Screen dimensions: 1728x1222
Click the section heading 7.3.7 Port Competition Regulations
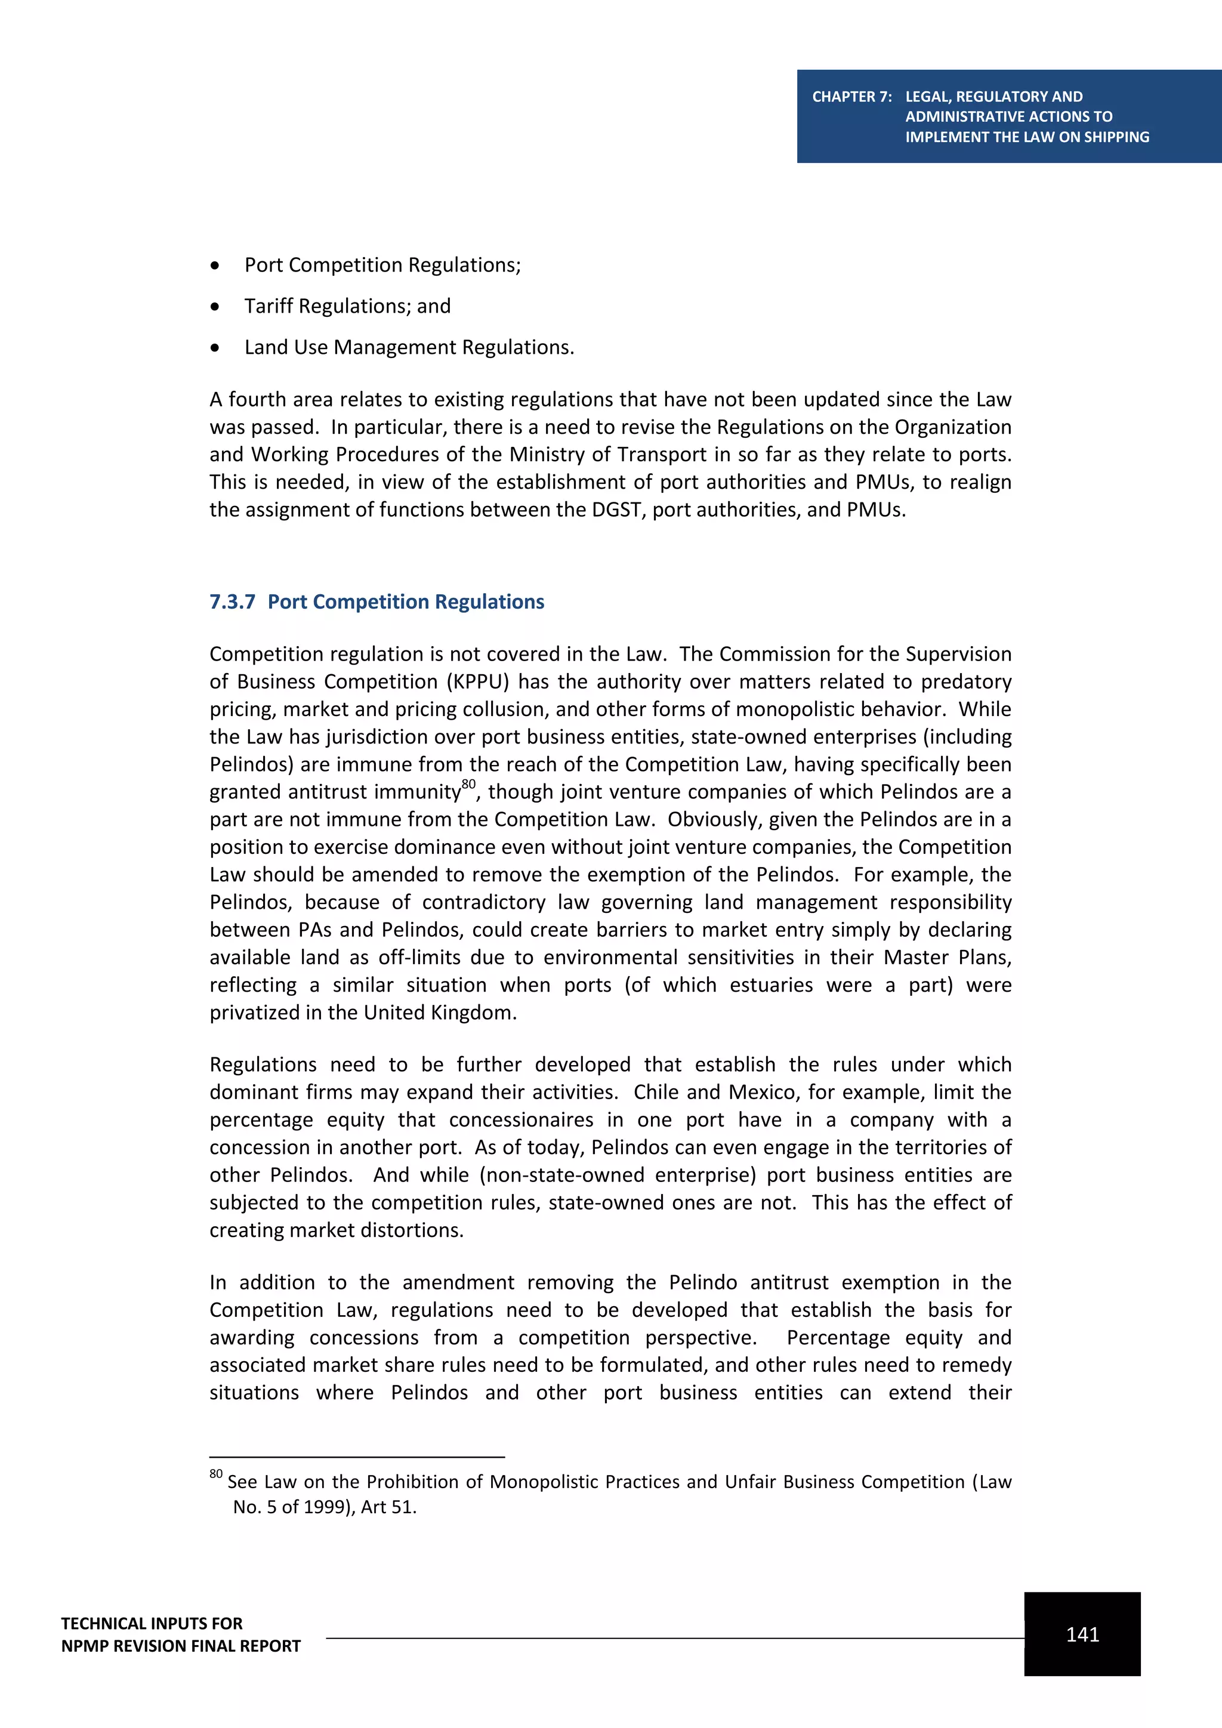pos(377,601)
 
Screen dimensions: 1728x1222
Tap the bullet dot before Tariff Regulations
pos(215,306)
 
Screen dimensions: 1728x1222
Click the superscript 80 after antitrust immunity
pos(469,784)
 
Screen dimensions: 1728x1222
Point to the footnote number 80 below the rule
pos(216,1474)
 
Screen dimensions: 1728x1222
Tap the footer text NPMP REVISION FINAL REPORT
pos(181,1645)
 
